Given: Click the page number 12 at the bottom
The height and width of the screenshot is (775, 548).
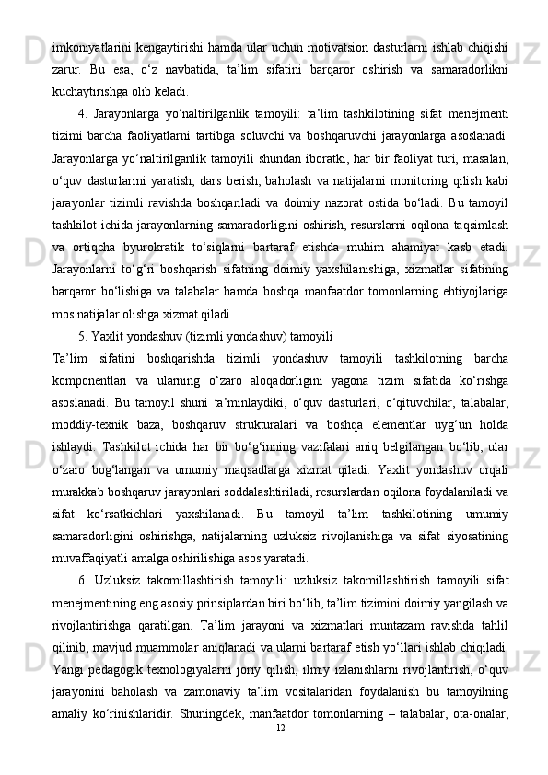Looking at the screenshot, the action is (x=282, y=754).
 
